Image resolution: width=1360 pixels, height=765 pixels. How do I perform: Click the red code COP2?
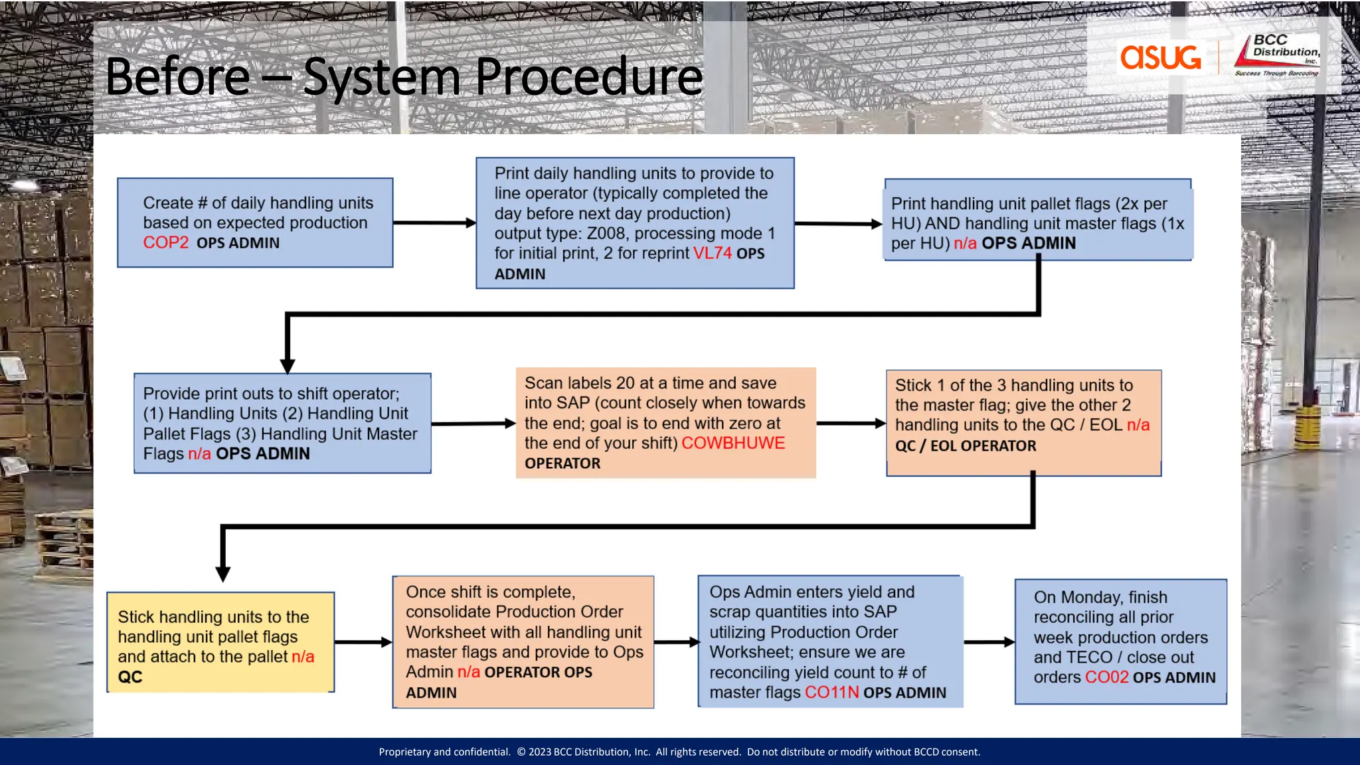165,243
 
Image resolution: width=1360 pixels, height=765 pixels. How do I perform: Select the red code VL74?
712,254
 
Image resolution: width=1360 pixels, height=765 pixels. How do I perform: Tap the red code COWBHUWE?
732,444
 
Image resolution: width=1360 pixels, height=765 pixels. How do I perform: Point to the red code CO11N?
831,693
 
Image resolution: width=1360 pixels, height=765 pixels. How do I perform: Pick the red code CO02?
1106,677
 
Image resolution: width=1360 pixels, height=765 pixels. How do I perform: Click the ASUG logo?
1160,57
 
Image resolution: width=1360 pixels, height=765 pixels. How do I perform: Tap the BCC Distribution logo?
1277,56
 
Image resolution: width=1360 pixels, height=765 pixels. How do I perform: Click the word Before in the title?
177,77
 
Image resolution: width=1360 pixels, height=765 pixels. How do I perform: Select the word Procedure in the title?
588,77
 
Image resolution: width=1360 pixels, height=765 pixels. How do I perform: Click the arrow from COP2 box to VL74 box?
434,223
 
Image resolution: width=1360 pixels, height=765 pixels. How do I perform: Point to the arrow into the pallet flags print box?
838,224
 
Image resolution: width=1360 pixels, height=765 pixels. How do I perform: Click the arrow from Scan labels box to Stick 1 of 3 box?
851,423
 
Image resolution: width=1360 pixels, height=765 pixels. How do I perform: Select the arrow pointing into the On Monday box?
989,642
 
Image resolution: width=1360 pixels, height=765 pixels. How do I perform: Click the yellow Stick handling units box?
220,642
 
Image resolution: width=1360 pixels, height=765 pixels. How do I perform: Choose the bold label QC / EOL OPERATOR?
966,446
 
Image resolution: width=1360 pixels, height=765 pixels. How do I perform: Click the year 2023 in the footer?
539,752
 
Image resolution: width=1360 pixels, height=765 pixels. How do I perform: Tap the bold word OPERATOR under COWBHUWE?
562,464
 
